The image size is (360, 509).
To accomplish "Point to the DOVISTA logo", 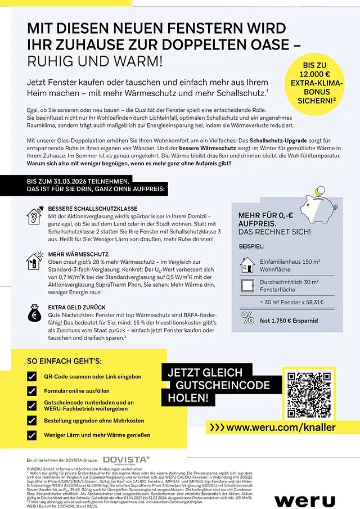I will (127, 460).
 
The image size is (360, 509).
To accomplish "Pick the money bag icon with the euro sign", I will (34, 314).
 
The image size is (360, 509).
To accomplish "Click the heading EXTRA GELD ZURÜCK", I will (77, 307).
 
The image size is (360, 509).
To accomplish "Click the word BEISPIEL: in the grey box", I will (251, 246).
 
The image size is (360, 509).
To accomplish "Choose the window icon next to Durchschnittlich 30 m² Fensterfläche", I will (247, 285).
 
